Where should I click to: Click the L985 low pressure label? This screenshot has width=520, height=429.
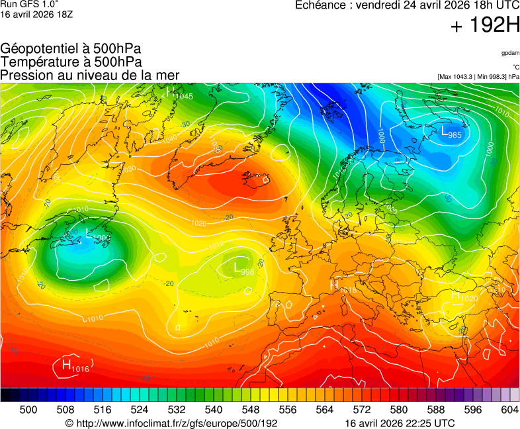[451, 132]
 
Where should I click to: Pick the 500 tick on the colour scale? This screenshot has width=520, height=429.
[28, 410]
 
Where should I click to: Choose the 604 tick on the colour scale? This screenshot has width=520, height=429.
[509, 410]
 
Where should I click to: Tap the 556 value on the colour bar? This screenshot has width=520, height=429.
[287, 410]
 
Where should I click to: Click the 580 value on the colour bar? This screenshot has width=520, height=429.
[398, 410]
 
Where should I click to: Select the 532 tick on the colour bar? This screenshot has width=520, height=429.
[176, 410]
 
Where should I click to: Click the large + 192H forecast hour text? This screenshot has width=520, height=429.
[485, 26]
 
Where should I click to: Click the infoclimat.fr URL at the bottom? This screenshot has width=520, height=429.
[171, 423]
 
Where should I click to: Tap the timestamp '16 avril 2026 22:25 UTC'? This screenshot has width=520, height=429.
[400, 423]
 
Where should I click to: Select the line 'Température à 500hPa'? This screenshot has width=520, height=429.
[71, 62]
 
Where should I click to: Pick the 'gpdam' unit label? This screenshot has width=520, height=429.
[510, 52]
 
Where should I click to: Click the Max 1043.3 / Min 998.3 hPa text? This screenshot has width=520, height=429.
[478, 77]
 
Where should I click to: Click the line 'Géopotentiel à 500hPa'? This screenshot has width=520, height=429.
[71, 49]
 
